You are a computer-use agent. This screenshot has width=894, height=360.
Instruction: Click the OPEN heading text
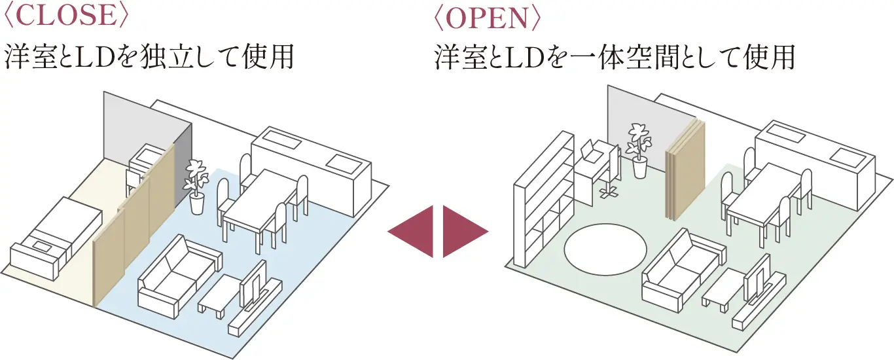pyautogui.click(x=488, y=18)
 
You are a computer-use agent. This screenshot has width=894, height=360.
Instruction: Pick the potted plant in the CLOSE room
pyautogui.click(x=195, y=187)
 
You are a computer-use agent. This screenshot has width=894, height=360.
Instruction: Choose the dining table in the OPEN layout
pyautogui.click(x=762, y=200)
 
